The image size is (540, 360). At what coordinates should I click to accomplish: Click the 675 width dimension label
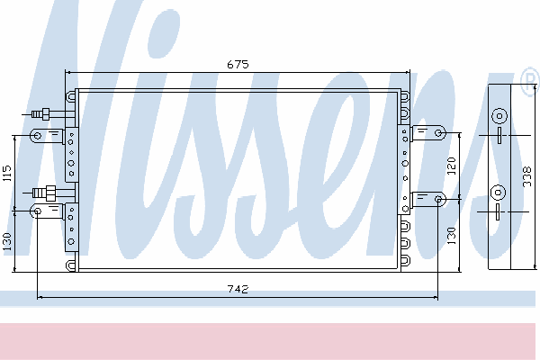point(238,65)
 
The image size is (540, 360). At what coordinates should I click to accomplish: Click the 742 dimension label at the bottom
point(238,289)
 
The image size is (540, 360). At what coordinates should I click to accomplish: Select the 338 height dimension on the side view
point(527,176)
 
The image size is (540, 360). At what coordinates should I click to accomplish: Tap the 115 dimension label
point(7,174)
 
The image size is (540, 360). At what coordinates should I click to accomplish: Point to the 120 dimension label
point(452,166)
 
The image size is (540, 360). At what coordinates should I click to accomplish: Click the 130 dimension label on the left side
point(7,242)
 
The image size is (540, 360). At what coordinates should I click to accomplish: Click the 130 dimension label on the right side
point(452,236)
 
